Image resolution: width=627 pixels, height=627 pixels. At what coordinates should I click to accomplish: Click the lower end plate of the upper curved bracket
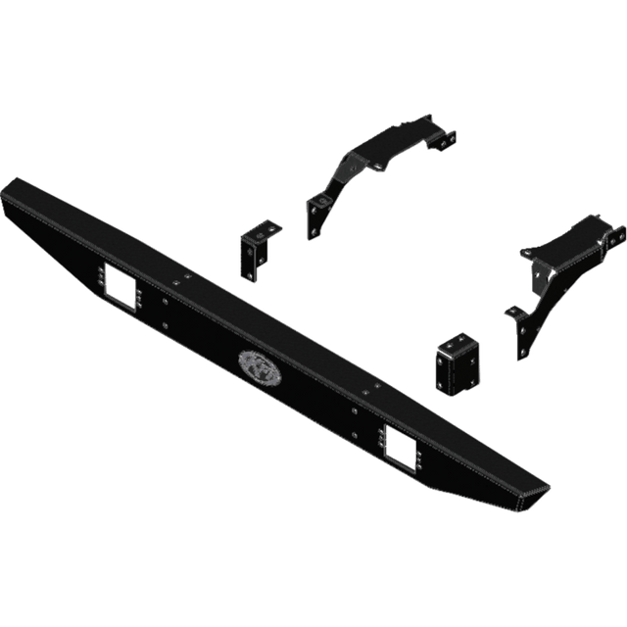[318, 217]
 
